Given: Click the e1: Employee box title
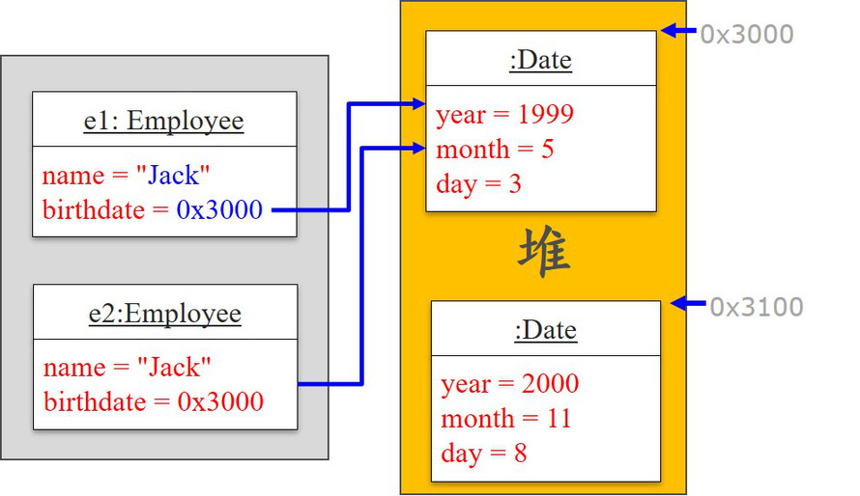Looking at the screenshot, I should pyautogui.click(x=163, y=122).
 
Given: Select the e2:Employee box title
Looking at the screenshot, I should pyautogui.click(x=162, y=314).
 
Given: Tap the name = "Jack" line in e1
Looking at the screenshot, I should pyautogui.click(x=127, y=176).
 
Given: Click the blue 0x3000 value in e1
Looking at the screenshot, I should pyautogui.click(x=219, y=209).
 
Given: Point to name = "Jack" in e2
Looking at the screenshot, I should pyautogui.click(x=127, y=368).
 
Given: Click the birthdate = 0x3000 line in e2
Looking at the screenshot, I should pyautogui.click(x=154, y=401).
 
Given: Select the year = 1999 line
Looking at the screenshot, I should pyautogui.click(x=504, y=115).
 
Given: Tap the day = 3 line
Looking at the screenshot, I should pyautogui.click(x=478, y=183).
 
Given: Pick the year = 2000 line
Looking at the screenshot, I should pyautogui.click(x=509, y=384).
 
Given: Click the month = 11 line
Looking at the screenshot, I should pyautogui.click(x=505, y=419).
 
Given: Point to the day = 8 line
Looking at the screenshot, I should pyautogui.click(x=483, y=453).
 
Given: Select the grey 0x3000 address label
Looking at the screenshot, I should pyautogui.click(x=746, y=35).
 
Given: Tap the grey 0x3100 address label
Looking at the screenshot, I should pyautogui.click(x=756, y=307).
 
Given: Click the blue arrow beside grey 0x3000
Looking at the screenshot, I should pyautogui.click(x=678, y=32).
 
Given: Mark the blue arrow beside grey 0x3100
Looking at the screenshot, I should pyautogui.click(x=688, y=304).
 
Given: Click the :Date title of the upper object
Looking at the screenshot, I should pyautogui.click(x=540, y=60).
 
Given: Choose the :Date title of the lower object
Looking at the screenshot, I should pyautogui.click(x=545, y=330).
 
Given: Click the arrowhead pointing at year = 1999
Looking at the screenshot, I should pyautogui.click(x=417, y=103).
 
